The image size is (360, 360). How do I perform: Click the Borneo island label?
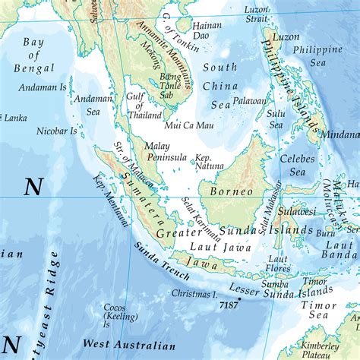(x=231, y=191)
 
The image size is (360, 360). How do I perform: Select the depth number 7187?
(x=228, y=305)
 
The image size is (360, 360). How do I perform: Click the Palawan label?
(x=250, y=100)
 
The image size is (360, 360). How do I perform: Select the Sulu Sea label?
(x=276, y=119)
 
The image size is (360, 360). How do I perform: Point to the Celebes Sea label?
(x=292, y=166)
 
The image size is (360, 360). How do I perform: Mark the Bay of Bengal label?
(x=33, y=55)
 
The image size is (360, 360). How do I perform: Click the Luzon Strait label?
(x=257, y=14)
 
